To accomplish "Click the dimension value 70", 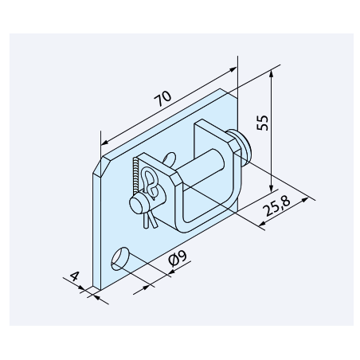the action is tap(162, 99).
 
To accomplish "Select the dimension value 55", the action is tap(263, 123).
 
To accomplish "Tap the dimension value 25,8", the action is tap(276, 205).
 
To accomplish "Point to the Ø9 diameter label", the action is tap(178, 258).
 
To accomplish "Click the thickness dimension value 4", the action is tap(75, 276).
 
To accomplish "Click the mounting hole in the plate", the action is tap(119, 259).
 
